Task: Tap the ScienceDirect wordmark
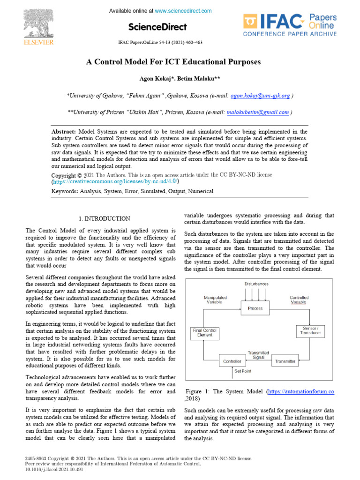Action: pyautogui.click(x=157, y=27)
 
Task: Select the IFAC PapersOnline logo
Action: pyautogui.click(x=289, y=25)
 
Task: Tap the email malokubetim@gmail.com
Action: pyautogui.click(x=257, y=112)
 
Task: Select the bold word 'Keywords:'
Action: pyautogui.click(x=65, y=191)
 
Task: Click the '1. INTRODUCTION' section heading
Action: pyautogui.click(x=104, y=218)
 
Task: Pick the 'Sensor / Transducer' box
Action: pyautogui.click(x=309, y=330)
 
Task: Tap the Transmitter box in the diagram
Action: pyautogui.click(x=285, y=361)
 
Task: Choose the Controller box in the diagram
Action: pyautogui.click(x=233, y=361)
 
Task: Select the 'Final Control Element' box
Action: pyautogui.click(x=205, y=333)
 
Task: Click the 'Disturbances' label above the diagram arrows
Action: pyautogui.click(x=256, y=284)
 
